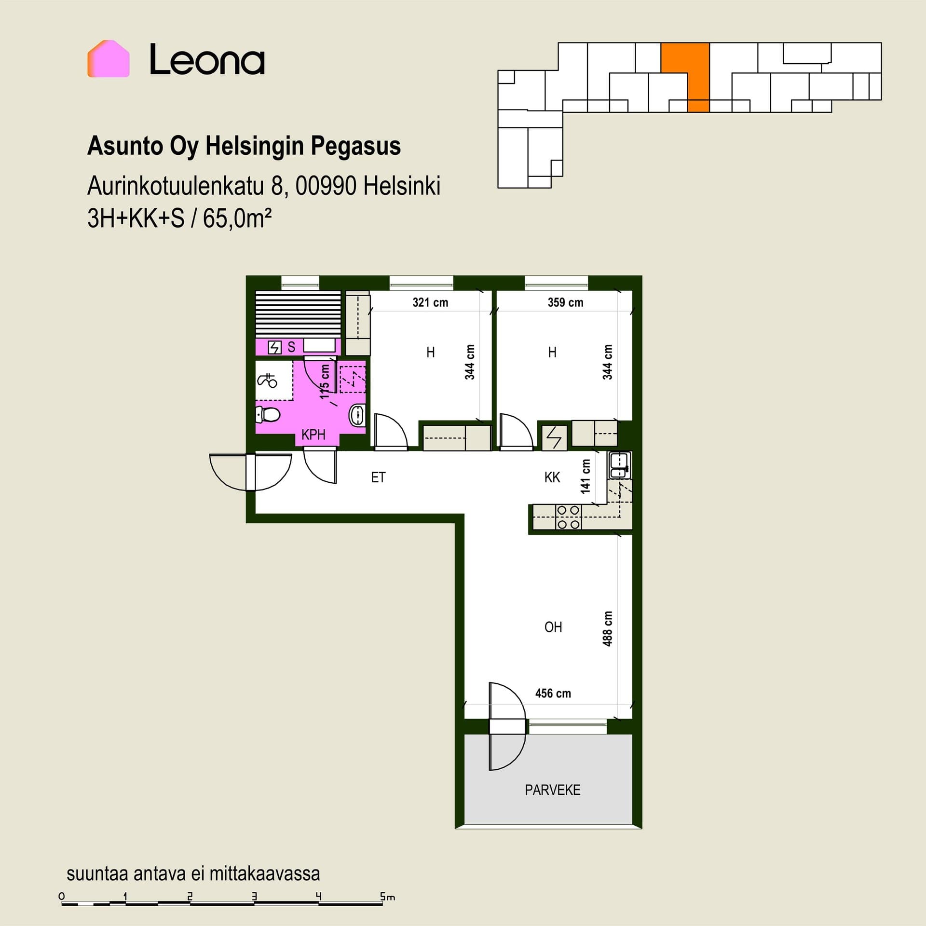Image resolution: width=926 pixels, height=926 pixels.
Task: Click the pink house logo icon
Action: (x=109, y=59)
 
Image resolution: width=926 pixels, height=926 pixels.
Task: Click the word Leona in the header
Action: (x=207, y=60)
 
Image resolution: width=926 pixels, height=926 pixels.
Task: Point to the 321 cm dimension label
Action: (x=430, y=302)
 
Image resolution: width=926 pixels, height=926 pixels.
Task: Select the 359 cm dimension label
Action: (x=565, y=302)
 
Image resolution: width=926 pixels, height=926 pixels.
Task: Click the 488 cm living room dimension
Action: (x=608, y=628)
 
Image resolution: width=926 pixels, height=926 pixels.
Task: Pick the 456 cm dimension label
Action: (x=553, y=693)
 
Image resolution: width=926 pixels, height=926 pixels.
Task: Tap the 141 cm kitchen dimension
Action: (x=586, y=476)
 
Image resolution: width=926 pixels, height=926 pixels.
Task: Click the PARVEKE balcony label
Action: (x=553, y=790)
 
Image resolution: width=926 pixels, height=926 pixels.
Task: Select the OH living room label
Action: (x=553, y=627)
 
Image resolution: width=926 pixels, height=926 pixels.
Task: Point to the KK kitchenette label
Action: (x=552, y=477)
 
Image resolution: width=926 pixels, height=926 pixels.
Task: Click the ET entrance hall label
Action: (x=378, y=477)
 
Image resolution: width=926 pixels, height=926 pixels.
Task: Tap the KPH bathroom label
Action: (x=313, y=435)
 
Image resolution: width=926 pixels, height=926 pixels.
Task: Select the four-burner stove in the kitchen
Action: (x=568, y=517)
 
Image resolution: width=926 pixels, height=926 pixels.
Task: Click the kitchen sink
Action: (x=619, y=465)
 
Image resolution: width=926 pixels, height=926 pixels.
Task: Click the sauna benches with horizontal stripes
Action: (x=298, y=314)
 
